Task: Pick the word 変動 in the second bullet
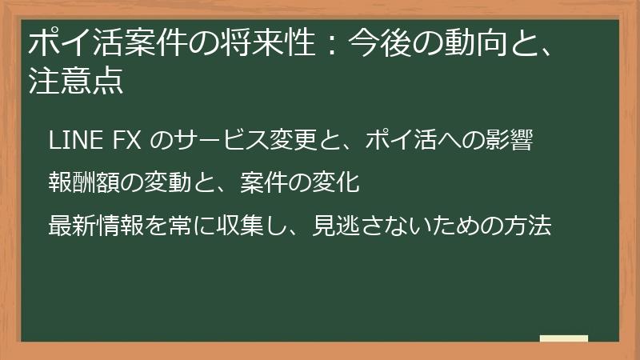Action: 168,183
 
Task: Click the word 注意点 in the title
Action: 75,82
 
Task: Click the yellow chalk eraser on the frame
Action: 563,339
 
